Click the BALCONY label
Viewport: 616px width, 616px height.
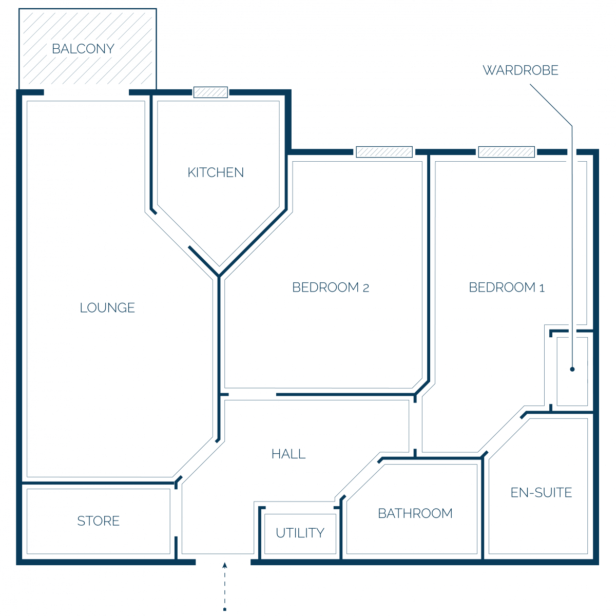coord(83,49)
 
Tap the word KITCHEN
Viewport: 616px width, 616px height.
coord(216,172)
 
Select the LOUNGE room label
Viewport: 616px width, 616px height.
coord(107,307)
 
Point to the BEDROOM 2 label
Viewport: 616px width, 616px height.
coord(331,287)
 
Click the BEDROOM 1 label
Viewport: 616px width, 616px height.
coord(506,287)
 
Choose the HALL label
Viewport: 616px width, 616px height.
coord(288,454)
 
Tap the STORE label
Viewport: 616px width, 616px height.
coord(99,521)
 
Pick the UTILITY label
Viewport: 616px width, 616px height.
coord(300,533)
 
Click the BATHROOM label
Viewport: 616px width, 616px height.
coord(415,513)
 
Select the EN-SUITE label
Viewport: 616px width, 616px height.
coord(541,493)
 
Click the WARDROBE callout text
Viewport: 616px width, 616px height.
coord(521,70)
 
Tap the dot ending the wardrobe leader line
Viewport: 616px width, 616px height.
coord(572,369)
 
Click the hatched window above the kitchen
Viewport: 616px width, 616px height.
coord(210,92)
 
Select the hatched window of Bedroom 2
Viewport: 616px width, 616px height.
coord(384,152)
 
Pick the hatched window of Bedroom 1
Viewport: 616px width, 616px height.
coord(506,152)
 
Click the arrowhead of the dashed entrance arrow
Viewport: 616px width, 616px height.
coord(225,566)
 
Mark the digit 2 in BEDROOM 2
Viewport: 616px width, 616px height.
coord(366,288)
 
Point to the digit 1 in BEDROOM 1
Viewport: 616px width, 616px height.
coord(542,288)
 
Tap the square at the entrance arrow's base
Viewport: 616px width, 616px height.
coord(225,609)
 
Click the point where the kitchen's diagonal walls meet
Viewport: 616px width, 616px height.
coord(219,276)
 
